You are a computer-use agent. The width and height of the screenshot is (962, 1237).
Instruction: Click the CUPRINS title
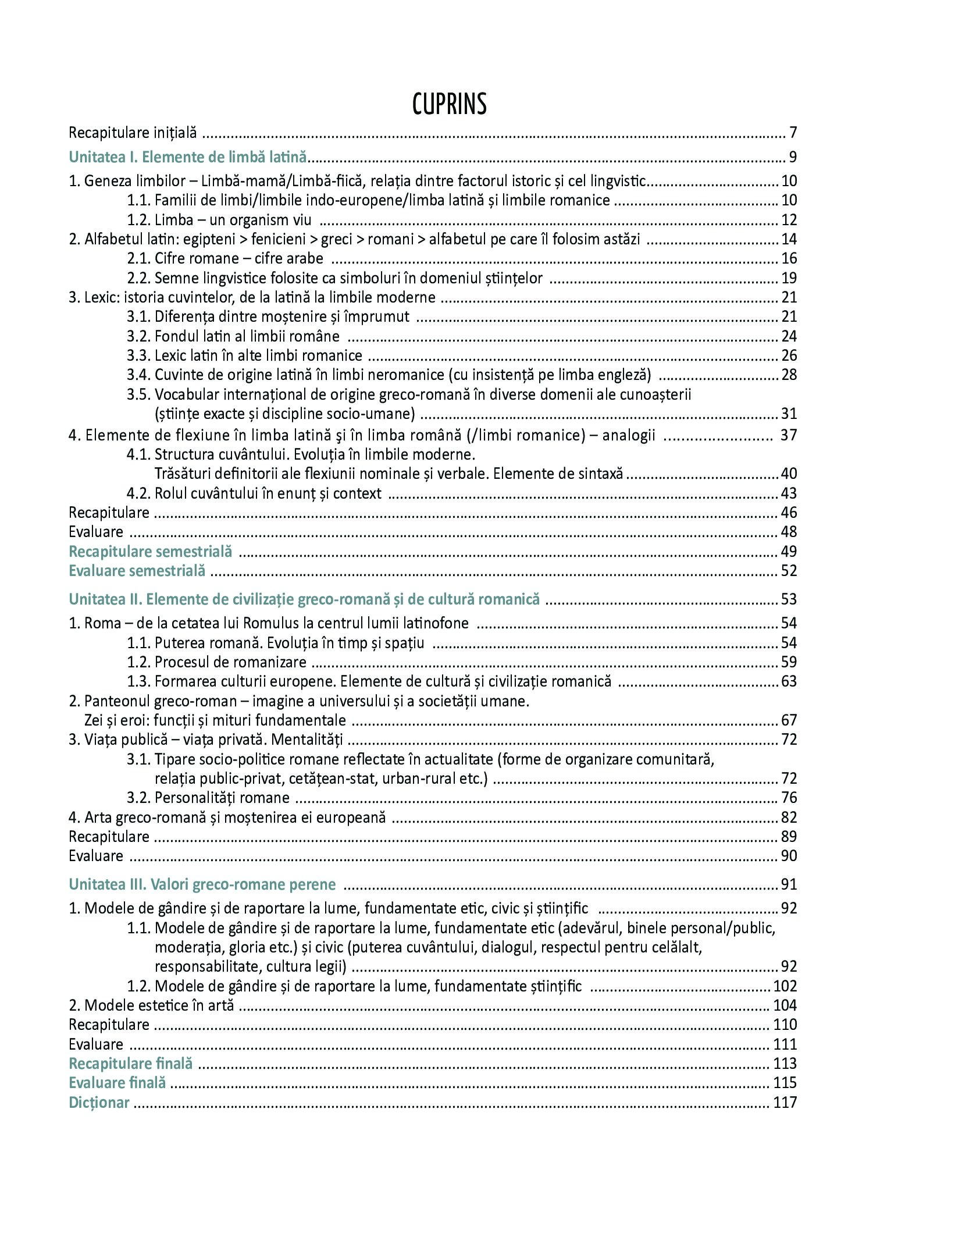tap(449, 105)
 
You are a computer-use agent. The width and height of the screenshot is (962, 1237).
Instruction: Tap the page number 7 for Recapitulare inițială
tap(793, 133)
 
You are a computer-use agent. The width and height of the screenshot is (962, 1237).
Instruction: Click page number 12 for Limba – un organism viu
tap(789, 220)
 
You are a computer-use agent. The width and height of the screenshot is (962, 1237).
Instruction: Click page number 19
tap(789, 278)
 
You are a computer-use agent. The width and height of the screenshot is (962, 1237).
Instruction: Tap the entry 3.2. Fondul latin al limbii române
tap(233, 336)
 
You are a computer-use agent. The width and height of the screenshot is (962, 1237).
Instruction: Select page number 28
tap(789, 375)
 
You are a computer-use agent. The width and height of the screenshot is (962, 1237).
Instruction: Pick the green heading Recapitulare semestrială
tap(150, 551)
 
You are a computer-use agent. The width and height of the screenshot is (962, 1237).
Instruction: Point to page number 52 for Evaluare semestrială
tap(789, 571)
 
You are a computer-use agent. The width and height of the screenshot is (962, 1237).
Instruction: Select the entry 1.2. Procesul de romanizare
tap(216, 662)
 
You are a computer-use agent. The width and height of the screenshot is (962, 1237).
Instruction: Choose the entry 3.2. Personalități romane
tap(208, 798)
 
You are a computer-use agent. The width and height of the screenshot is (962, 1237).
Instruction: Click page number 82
tap(789, 817)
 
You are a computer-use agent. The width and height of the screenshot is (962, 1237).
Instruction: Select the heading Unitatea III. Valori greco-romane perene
tap(202, 884)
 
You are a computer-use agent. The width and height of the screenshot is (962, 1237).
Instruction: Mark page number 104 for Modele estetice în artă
tap(785, 1005)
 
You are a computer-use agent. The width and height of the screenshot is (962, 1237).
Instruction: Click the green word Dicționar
tap(99, 1103)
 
